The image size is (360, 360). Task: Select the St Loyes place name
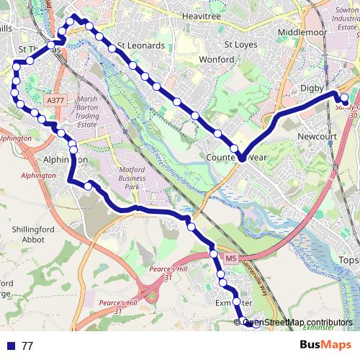pyautogui.click(x=240, y=44)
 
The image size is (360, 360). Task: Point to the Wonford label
pyautogui.click(x=217, y=60)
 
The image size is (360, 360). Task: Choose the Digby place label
pyautogui.click(x=312, y=88)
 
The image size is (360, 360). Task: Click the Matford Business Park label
pyautogui.click(x=132, y=178)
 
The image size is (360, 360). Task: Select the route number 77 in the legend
pyautogui.click(x=27, y=346)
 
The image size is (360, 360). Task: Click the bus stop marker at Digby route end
pyautogui.click(x=344, y=99)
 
